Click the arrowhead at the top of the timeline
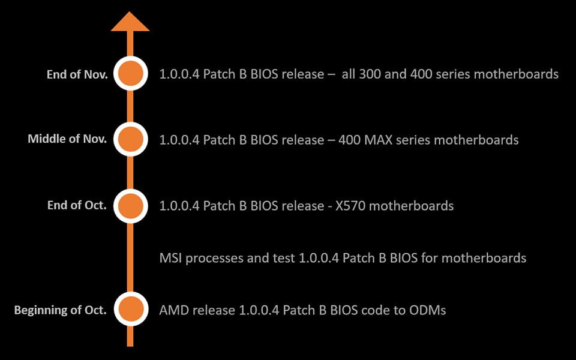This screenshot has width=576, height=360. (x=130, y=21)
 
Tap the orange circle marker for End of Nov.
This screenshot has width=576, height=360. (x=130, y=74)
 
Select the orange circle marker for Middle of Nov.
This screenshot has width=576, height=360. (x=130, y=139)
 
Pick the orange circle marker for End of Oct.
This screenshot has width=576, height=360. (x=130, y=206)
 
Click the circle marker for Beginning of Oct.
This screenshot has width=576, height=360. (x=130, y=310)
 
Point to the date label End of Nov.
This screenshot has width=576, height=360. (x=77, y=75)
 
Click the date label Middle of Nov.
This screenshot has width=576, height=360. (x=67, y=139)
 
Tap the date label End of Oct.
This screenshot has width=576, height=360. (x=77, y=205)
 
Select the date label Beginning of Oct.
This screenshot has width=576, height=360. (x=61, y=310)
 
